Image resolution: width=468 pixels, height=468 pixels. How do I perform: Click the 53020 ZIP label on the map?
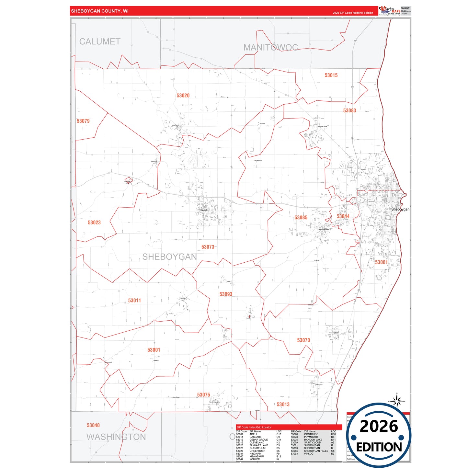183,96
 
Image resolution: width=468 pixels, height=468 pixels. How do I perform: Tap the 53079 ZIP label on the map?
83,121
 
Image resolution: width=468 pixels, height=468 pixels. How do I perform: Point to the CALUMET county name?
100,42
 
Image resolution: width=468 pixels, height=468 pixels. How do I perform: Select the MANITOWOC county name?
270,48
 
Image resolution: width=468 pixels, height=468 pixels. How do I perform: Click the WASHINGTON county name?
116,437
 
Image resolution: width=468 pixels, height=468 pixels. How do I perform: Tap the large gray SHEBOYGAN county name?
169,257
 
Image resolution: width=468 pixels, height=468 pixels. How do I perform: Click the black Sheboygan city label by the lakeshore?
400,209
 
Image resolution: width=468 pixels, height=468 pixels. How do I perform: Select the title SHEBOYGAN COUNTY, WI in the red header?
100,11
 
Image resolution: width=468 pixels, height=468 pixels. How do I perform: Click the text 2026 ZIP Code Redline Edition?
353,13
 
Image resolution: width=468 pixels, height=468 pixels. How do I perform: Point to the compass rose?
397,401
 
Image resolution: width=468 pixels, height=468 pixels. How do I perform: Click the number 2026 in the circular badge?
379,427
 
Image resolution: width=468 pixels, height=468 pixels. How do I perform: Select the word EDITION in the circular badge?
379,447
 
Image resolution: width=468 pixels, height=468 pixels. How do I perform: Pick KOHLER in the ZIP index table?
255,459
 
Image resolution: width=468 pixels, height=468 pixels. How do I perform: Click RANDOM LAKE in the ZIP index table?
313,440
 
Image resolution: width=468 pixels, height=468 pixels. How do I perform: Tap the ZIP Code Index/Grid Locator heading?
254,428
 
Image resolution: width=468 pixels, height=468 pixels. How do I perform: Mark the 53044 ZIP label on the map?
343,216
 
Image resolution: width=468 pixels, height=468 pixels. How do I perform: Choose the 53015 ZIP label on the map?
331,75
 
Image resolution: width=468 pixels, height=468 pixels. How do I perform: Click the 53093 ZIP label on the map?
226,294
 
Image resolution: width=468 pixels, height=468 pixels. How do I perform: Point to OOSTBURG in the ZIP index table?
311,434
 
